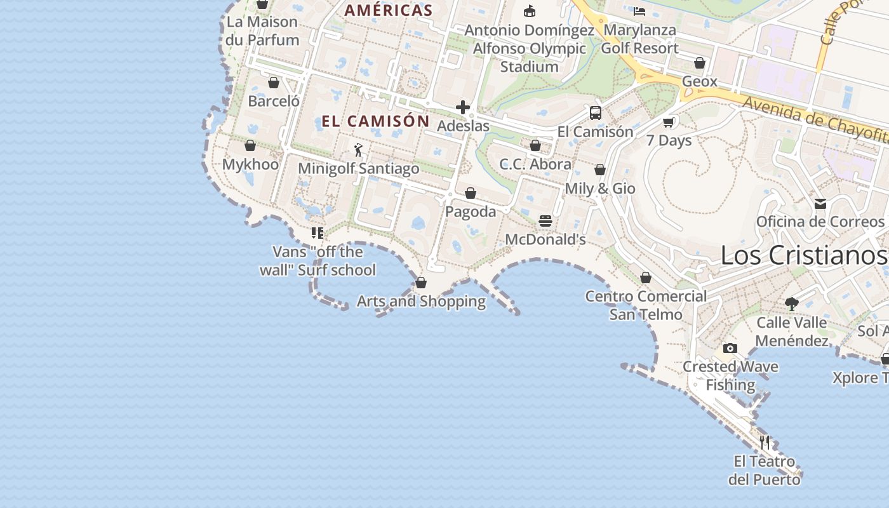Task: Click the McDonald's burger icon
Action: (x=545, y=221)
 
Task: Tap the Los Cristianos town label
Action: (x=803, y=255)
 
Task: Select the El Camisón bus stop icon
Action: (x=596, y=113)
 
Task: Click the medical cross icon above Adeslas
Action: (x=463, y=107)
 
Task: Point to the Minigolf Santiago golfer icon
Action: (x=358, y=150)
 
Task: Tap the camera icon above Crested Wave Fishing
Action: (x=730, y=348)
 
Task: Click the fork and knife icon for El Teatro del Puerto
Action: (x=765, y=442)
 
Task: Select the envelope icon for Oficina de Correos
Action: (x=820, y=203)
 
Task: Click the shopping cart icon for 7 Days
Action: (x=669, y=122)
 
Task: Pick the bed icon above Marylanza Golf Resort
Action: (x=639, y=11)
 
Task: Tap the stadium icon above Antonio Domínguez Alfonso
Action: (x=529, y=11)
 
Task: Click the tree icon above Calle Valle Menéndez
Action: (x=791, y=304)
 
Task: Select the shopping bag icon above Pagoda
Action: (x=471, y=193)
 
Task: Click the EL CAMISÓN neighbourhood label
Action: (x=375, y=121)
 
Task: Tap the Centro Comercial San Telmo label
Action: (x=646, y=305)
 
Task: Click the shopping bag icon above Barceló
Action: (x=274, y=83)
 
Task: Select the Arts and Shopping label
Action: (x=421, y=301)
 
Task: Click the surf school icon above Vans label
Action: (x=317, y=233)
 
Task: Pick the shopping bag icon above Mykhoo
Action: (x=250, y=146)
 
